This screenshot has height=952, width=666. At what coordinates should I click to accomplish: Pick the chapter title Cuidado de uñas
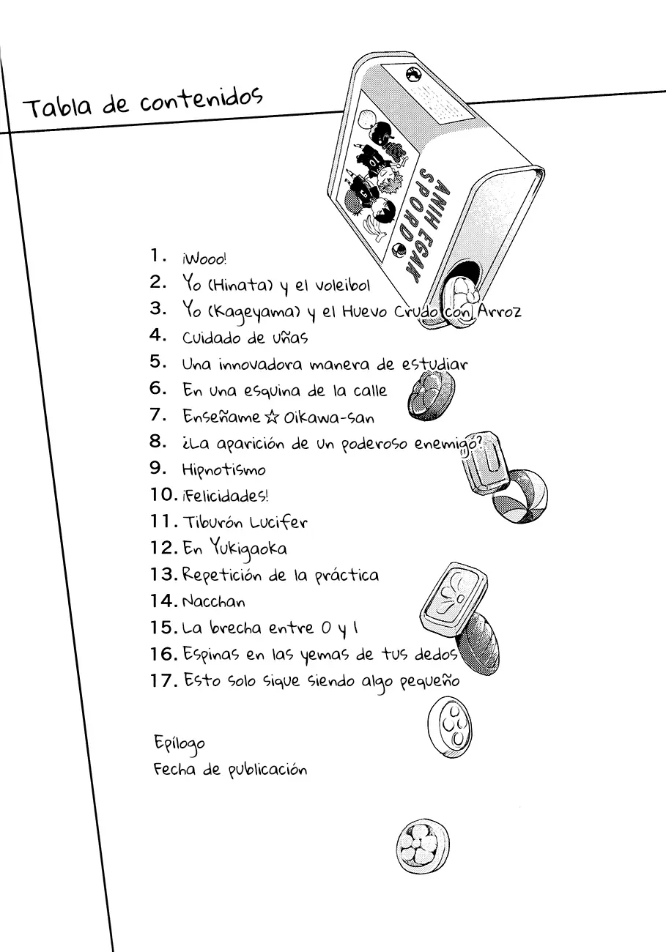(x=245, y=338)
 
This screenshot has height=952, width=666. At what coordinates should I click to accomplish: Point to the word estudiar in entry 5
(x=434, y=364)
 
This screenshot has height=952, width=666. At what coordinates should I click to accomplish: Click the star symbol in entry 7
(x=271, y=417)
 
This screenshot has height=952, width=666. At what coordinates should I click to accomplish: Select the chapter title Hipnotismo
(x=223, y=469)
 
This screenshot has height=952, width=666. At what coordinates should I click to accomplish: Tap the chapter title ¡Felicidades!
(x=225, y=496)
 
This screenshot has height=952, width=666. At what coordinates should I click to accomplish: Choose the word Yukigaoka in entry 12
(x=248, y=548)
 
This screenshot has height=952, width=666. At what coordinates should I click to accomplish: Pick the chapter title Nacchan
(x=213, y=601)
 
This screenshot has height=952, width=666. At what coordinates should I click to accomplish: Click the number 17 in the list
(x=163, y=680)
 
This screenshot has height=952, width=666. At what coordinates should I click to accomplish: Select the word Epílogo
(x=179, y=743)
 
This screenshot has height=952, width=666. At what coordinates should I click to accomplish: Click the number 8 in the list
(x=158, y=442)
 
